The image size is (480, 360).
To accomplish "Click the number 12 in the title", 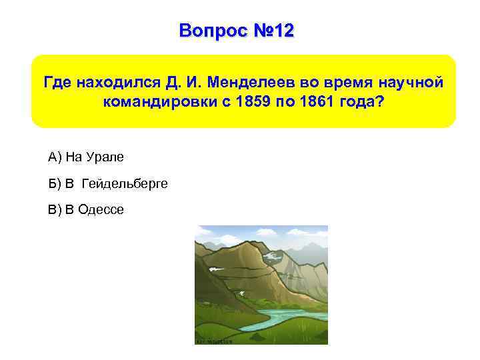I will point(281,31).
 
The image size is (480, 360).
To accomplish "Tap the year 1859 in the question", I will point(245,105).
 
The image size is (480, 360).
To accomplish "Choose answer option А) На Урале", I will point(86,157).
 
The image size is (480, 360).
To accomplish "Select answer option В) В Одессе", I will point(86,210).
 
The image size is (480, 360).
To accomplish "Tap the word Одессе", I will point(101,210).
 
